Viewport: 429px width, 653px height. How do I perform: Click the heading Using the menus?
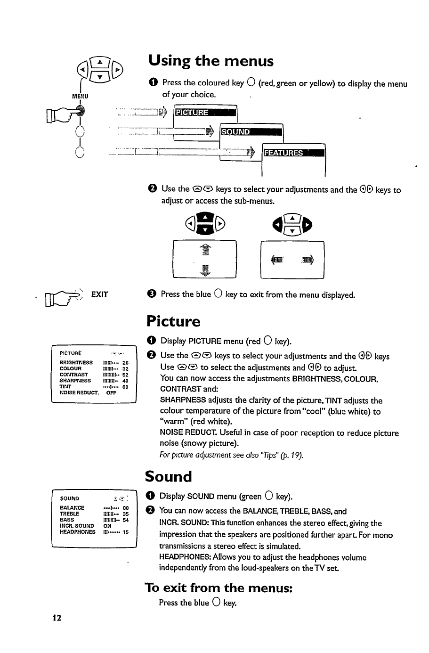click(x=210, y=61)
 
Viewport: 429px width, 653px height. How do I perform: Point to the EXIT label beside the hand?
click(x=100, y=294)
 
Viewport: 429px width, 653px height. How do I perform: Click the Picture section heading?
click(x=173, y=322)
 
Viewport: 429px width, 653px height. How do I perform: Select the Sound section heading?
click(x=168, y=477)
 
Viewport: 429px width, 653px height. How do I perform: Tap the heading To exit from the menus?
click(x=219, y=588)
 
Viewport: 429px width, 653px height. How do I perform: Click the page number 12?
click(x=57, y=618)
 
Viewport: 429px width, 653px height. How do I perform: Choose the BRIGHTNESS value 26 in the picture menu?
click(x=125, y=363)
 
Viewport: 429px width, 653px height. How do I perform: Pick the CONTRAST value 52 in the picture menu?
click(x=125, y=375)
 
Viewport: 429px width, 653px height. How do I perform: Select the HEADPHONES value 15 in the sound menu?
click(x=125, y=532)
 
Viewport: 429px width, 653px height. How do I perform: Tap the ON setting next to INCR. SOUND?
click(x=107, y=526)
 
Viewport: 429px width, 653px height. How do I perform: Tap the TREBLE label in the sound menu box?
click(x=70, y=514)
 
